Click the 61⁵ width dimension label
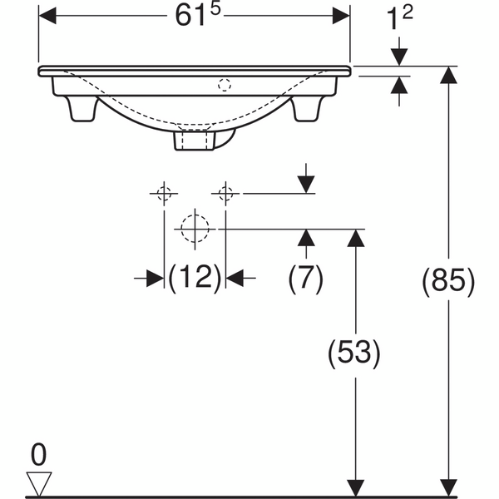tap(198, 15)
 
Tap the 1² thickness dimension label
tap(399, 17)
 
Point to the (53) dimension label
tap(354, 352)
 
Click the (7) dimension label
tap(305, 276)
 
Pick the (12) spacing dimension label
tap(195, 276)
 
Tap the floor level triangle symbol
tap(39, 484)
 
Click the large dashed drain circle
tap(195, 229)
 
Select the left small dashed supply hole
tap(164, 193)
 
